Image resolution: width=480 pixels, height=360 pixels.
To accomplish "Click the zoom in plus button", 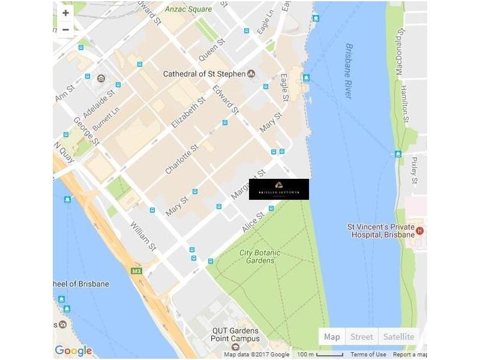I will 65,13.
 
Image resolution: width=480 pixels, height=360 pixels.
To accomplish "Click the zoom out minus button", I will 65,29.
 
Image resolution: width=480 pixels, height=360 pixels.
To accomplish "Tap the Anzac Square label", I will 188,9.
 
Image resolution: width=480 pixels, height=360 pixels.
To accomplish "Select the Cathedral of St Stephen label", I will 204,74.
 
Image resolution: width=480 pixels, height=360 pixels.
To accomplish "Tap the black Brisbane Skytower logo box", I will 278,189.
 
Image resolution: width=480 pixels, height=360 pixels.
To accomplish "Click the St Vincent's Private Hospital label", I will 381,231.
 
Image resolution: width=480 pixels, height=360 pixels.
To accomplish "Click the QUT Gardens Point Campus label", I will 235,335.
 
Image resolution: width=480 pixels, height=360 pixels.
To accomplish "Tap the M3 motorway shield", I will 137,271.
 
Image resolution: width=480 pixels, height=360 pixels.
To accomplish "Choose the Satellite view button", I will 398,337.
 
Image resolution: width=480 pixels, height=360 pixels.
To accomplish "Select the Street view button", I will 362,337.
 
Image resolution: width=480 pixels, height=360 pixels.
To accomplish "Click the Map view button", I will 332,337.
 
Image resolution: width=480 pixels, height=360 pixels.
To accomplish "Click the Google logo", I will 73,351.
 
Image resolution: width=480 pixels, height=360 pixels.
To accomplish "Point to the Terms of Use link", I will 368,355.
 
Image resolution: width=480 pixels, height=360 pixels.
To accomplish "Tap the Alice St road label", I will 253,223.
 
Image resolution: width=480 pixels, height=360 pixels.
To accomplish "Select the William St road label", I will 143,236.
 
